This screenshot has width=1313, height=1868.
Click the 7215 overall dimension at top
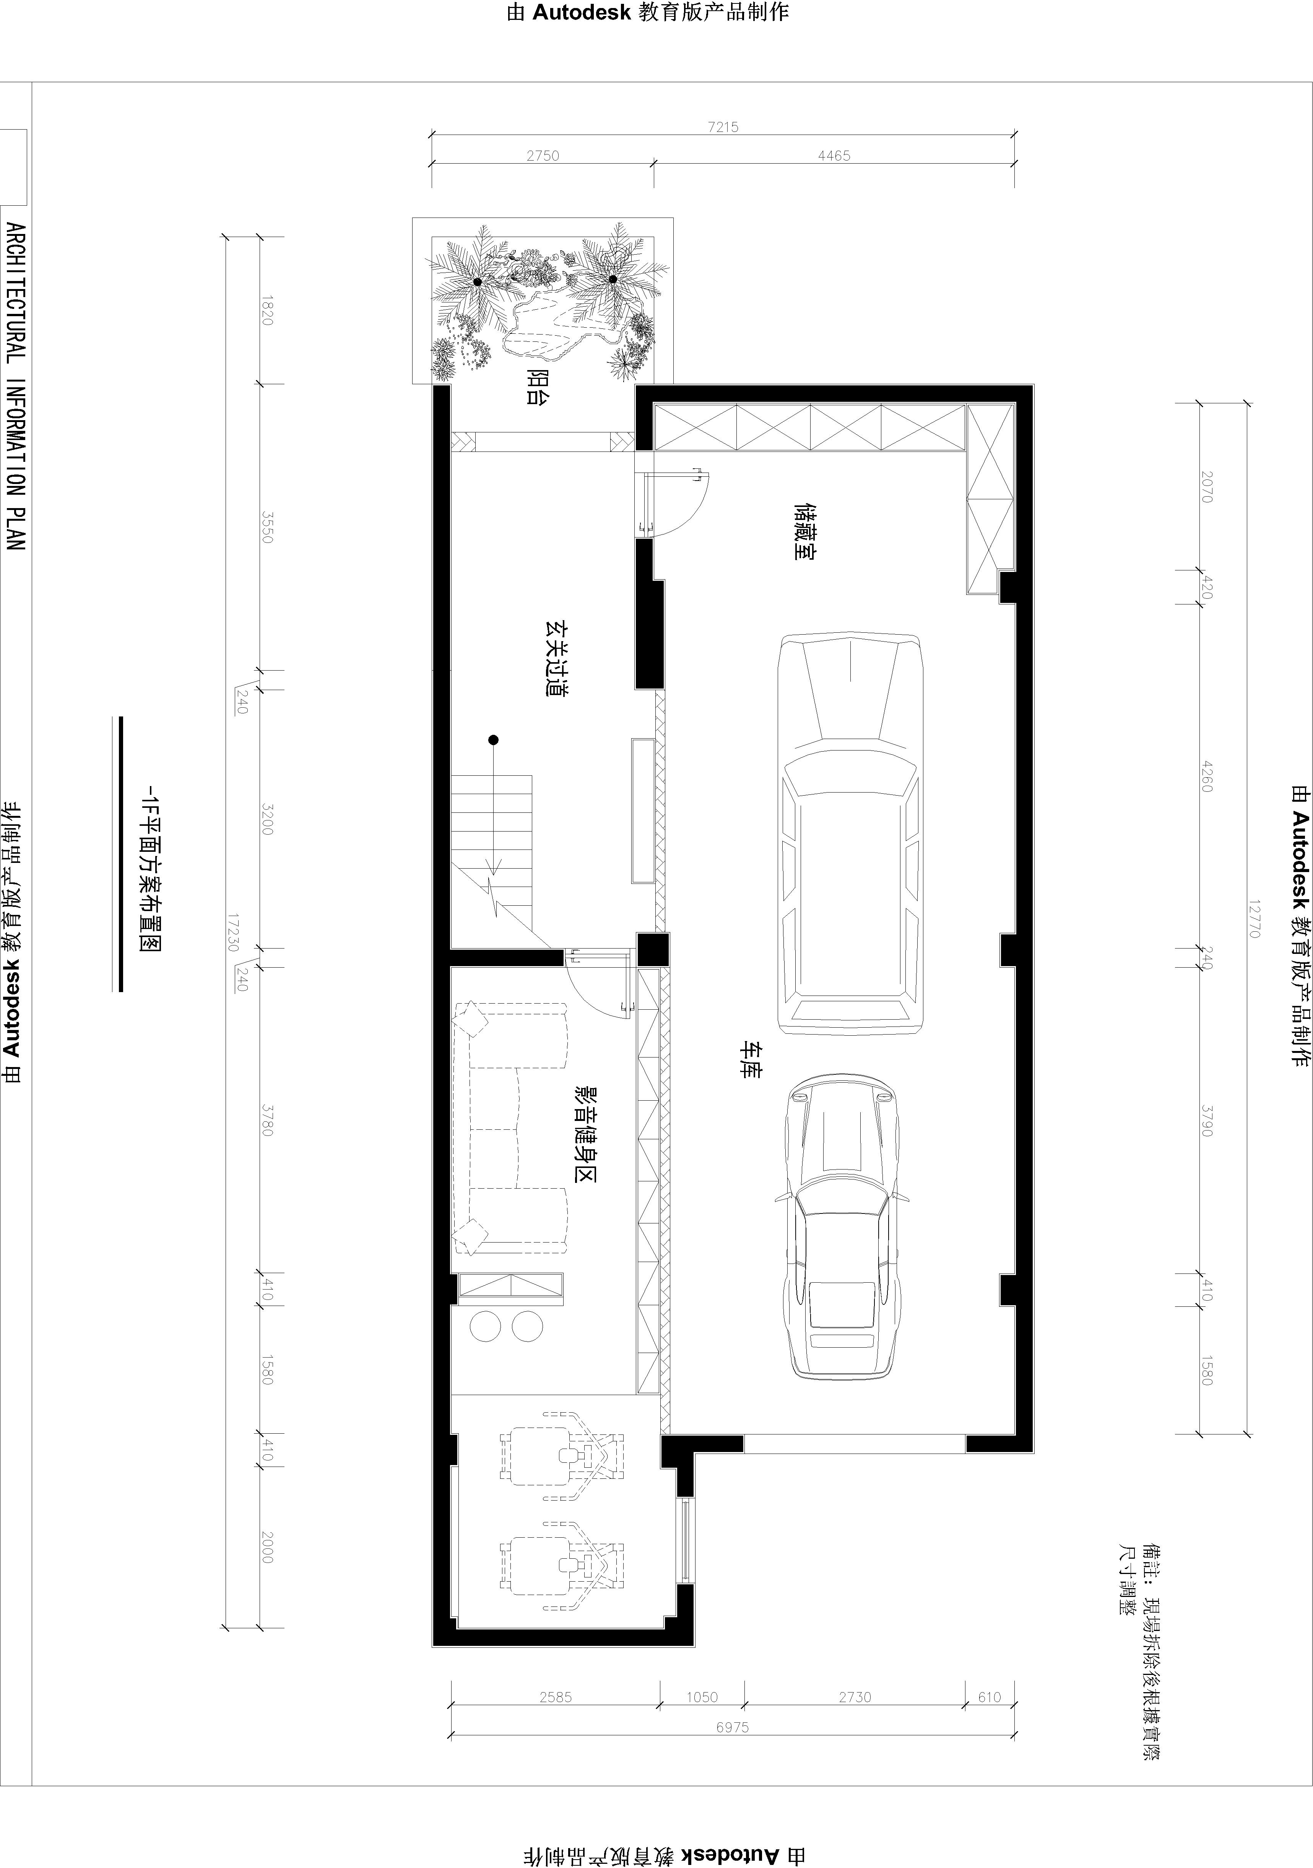pos(723,127)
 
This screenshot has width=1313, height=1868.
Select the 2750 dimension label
pos(543,155)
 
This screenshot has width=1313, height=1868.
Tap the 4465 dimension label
pos(834,155)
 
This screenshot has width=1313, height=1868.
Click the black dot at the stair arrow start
pos(493,739)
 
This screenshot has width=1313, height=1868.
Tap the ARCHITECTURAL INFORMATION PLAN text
pos(16,387)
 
